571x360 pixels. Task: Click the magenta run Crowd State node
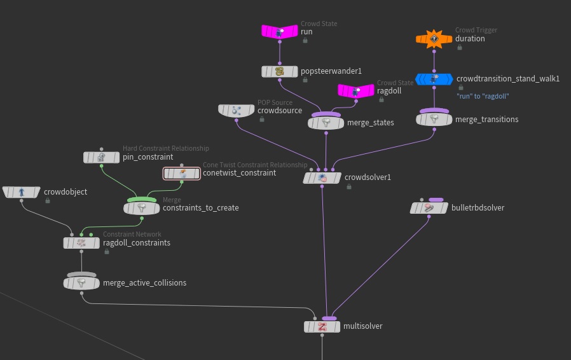click(x=280, y=31)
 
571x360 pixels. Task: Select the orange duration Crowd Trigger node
click(x=434, y=39)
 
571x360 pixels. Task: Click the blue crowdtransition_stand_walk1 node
click(x=434, y=80)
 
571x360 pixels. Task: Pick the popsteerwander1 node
click(x=280, y=72)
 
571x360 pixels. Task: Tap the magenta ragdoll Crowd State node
click(x=356, y=91)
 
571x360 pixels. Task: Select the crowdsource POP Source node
click(x=237, y=111)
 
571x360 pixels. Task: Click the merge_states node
click(x=326, y=122)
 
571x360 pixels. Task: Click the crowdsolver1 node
click(x=322, y=178)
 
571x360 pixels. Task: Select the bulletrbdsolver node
click(x=429, y=208)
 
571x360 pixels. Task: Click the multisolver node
click(x=322, y=327)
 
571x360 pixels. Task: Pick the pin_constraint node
click(x=102, y=157)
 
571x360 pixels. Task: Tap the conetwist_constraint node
click(x=182, y=173)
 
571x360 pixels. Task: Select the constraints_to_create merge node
click(x=141, y=208)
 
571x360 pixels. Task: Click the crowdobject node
click(x=20, y=192)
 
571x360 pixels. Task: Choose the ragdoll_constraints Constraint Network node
click(x=81, y=242)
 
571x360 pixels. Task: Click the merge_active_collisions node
click(x=81, y=283)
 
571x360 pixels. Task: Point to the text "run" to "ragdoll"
click(x=483, y=96)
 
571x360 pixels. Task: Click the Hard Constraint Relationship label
click(x=165, y=148)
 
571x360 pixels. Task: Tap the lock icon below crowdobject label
click(x=48, y=200)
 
